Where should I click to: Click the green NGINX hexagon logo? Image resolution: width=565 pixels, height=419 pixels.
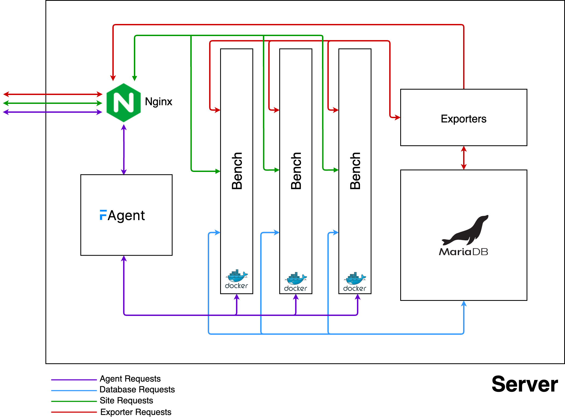coord(124,103)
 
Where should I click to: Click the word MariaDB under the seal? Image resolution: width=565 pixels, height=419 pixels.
coord(463,252)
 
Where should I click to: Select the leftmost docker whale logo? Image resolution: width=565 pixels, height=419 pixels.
coord(237,276)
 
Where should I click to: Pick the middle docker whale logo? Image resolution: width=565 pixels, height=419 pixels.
coord(296,279)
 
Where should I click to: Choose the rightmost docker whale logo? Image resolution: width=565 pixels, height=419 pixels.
coord(355,279)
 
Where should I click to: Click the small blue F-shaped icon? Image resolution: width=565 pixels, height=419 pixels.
coord(103,215)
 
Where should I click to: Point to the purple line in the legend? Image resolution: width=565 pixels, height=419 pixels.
coord(74,380)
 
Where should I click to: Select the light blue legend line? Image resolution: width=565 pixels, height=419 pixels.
coord(74,390)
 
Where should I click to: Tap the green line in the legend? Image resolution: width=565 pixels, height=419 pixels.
coord(74,401)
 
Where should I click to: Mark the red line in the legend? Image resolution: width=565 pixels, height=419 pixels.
coord(74,412)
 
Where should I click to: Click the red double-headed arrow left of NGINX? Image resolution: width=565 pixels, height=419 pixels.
coord(53,94)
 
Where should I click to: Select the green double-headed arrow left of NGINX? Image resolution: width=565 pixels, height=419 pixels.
coord(53,103)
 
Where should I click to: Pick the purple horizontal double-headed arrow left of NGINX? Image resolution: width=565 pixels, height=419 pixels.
coord(53,112)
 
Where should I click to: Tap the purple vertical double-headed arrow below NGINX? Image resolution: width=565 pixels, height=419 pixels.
coord(124,150)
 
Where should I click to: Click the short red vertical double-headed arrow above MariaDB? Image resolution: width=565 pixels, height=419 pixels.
coord(464,158)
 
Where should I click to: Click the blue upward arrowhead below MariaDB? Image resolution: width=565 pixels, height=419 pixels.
coord(464,304)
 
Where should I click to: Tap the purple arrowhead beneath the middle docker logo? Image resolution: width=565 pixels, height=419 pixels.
coord(296,297)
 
